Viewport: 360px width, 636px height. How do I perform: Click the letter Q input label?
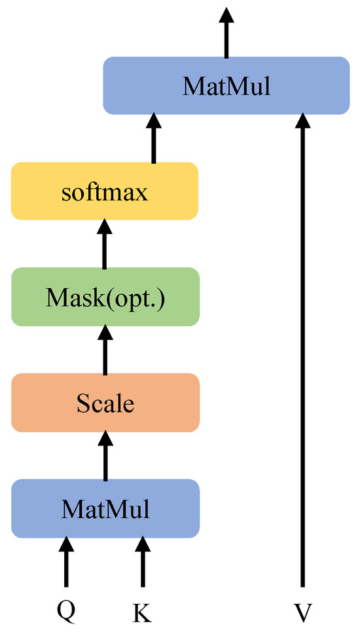(x=66, y=611)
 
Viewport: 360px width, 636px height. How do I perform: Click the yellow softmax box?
(x=104, y=191)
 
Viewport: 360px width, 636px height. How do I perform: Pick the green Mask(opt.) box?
(x=104, y=297)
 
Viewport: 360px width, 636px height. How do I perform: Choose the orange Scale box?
(x=105, y=403)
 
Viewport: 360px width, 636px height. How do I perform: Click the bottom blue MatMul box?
(x=105, y=508)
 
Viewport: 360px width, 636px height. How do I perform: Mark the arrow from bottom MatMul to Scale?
(x=105, y=456)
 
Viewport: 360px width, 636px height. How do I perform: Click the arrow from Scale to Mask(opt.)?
(x=105, y=350)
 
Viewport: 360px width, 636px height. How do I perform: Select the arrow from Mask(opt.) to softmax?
(x=105, y=244)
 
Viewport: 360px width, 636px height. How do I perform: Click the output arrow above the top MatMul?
(x=226, y=33)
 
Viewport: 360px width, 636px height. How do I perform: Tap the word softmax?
(x=104, y=193)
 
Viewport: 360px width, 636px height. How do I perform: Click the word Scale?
(x=105, y=403)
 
